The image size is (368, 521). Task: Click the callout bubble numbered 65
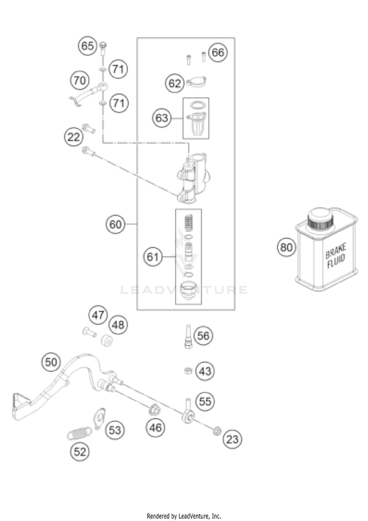(x=87, y=46)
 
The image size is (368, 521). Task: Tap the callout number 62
(x=175, y=83)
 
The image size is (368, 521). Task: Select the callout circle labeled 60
(x=115, y=224)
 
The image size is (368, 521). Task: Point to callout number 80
(x=286, y=247)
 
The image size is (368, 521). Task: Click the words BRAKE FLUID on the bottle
(x=336, y=255)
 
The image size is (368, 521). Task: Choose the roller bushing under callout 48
(x=106, y=341)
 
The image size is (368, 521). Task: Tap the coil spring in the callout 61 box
(x=188, y=223)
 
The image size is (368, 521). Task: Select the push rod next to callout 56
(x=188, y=336)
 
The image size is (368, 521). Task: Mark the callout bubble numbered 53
(x=115, y=430)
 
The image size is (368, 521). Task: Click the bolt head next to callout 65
(x=103, y=44)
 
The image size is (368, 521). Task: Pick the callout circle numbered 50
(x=51, y=362)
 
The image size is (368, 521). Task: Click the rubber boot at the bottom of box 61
(x=188, y=291)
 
